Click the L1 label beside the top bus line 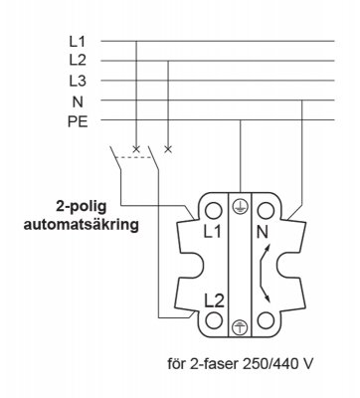coord(78,42)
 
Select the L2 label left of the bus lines coord(78,61)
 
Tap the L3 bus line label coord(78,81)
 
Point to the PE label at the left coord(78,122)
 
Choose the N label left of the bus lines coord(78,101)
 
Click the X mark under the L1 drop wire coord(135,149)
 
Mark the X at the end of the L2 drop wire coord(168,149)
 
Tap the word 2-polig coord(82,207)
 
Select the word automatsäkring coord(82,226)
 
